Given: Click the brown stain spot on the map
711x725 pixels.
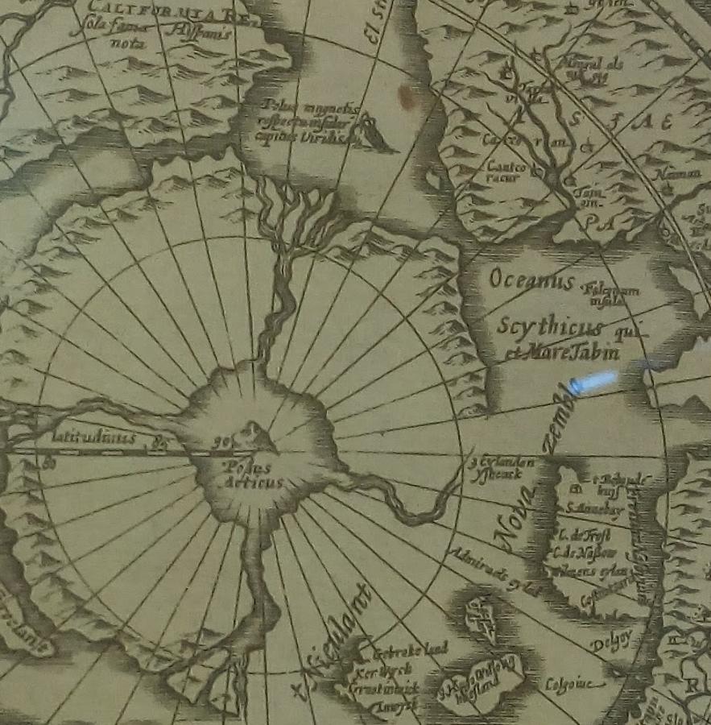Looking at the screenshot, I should pyautogui.click(x=407, y=97).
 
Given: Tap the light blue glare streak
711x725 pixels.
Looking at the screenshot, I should pyautogui.click(x=593, y=381).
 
